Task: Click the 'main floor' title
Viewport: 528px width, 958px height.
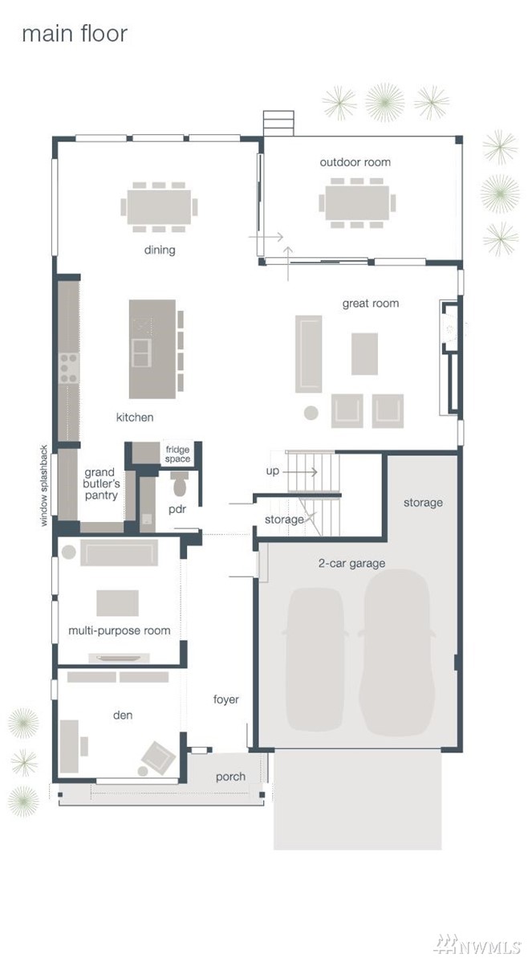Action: coord(75,34)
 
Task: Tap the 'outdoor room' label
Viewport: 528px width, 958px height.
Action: coord(355,162)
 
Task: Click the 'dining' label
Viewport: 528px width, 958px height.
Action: coord(160,250)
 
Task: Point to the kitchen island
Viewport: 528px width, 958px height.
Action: coord(152,349)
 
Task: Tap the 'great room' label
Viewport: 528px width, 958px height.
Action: coord(371,303)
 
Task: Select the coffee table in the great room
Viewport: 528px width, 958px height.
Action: coord(364,354)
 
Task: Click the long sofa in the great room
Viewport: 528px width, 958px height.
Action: coord(308,354)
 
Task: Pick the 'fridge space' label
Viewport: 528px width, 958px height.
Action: coord(178,455)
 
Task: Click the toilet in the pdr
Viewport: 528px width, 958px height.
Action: coord(180,484)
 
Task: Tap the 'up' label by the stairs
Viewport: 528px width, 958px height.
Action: coord(272,471)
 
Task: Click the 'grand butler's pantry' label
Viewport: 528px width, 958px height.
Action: coord(101,483)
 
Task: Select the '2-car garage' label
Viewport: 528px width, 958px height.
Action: coord(351,563)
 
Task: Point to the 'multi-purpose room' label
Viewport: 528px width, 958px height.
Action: coord(119,630)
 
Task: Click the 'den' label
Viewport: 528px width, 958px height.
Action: coord(123,715)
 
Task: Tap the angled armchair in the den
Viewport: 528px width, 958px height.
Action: coord(158,757)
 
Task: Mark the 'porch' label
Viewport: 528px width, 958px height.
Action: coord(231,777)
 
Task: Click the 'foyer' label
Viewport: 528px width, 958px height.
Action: coord(225,700)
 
